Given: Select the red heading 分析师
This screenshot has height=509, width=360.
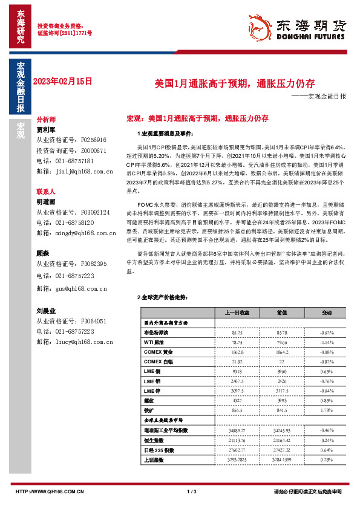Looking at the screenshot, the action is [x=45, y=120].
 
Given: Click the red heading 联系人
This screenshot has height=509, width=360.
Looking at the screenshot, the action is [x=45, y=190].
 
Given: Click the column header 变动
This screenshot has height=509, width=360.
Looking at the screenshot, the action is [x=327, y=313].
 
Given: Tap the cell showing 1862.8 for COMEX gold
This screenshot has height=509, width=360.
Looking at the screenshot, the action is [x=237, y=351].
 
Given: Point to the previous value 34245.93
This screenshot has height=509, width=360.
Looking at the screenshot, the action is [x=282, y=430].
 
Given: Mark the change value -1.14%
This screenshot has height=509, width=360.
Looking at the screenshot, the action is [x=327, y=342].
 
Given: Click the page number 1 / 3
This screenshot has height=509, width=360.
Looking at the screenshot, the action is [x=192, y=491].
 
